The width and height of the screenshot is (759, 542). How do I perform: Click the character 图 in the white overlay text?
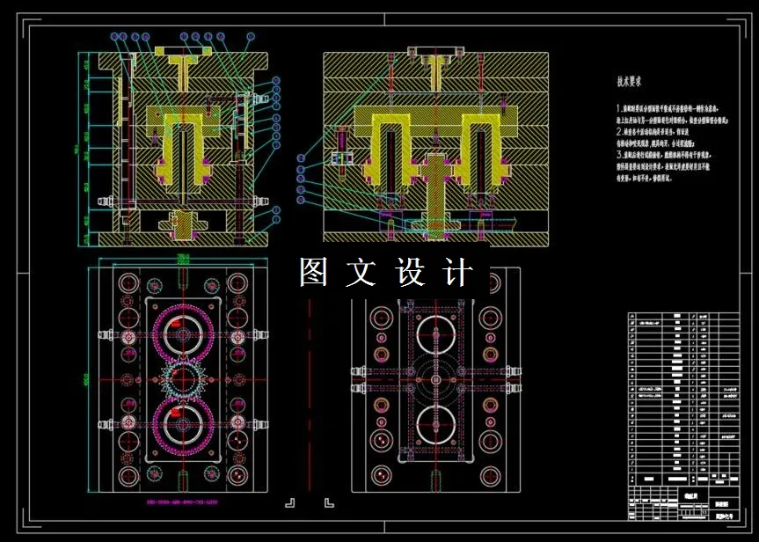pyautogui.click(x=314, y=272)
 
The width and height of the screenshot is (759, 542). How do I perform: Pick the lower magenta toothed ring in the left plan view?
pyautogui.click(x=184, y=420)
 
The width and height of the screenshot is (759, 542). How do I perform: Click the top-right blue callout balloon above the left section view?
pyautogui.click(x=250, y=37)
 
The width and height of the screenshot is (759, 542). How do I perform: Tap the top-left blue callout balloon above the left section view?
pyautogui.click(x=114, y=37)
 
